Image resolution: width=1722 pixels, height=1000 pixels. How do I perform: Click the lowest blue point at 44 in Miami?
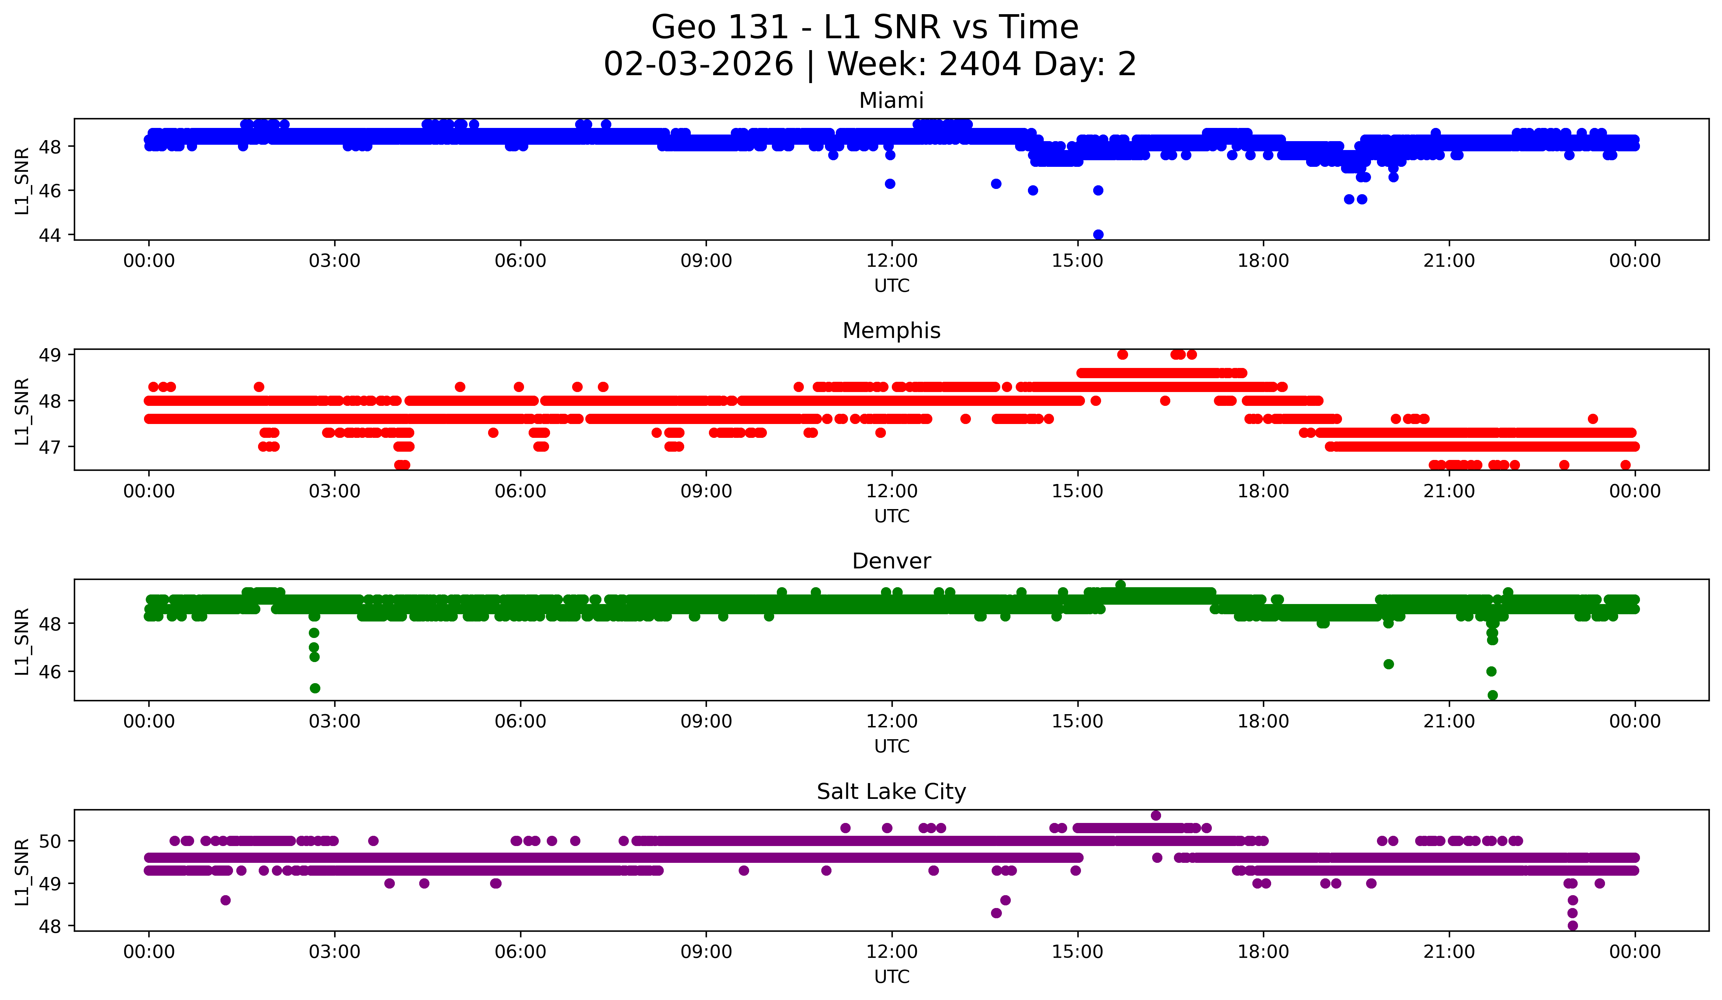tap(1098, 234)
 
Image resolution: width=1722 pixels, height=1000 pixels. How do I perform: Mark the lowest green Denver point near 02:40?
tap(315, 688)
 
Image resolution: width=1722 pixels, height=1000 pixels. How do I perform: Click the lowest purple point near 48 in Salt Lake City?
tap(1572, 925)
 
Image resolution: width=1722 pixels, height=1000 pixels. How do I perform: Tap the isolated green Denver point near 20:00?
tap(1388, 664)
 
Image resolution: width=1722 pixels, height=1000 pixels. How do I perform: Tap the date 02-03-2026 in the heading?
tap(698, 64)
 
